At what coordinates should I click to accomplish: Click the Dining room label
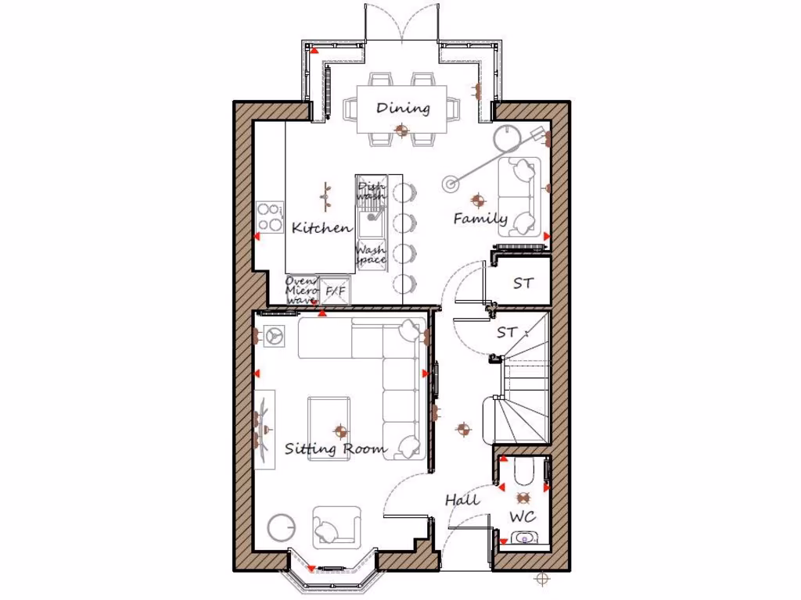(403, 108)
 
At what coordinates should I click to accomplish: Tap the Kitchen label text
(321, 228)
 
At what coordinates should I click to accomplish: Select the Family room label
(480, 220)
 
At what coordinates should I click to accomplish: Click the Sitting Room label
(335, 448)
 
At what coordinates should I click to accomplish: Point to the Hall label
(462, 499)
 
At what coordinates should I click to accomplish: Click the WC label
(523, 516)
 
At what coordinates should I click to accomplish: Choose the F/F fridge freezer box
(336, 291)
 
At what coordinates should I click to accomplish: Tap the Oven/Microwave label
(300, 290)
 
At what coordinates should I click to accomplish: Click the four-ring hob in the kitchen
(270, 217)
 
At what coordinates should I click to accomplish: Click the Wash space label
(371, 255)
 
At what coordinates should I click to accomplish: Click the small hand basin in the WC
(523, 537)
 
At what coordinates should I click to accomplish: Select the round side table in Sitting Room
(281, 527)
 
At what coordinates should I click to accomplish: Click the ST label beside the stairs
(508, 333)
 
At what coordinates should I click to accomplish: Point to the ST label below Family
(523, 284)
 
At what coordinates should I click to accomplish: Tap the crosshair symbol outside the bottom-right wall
(541, 579)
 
